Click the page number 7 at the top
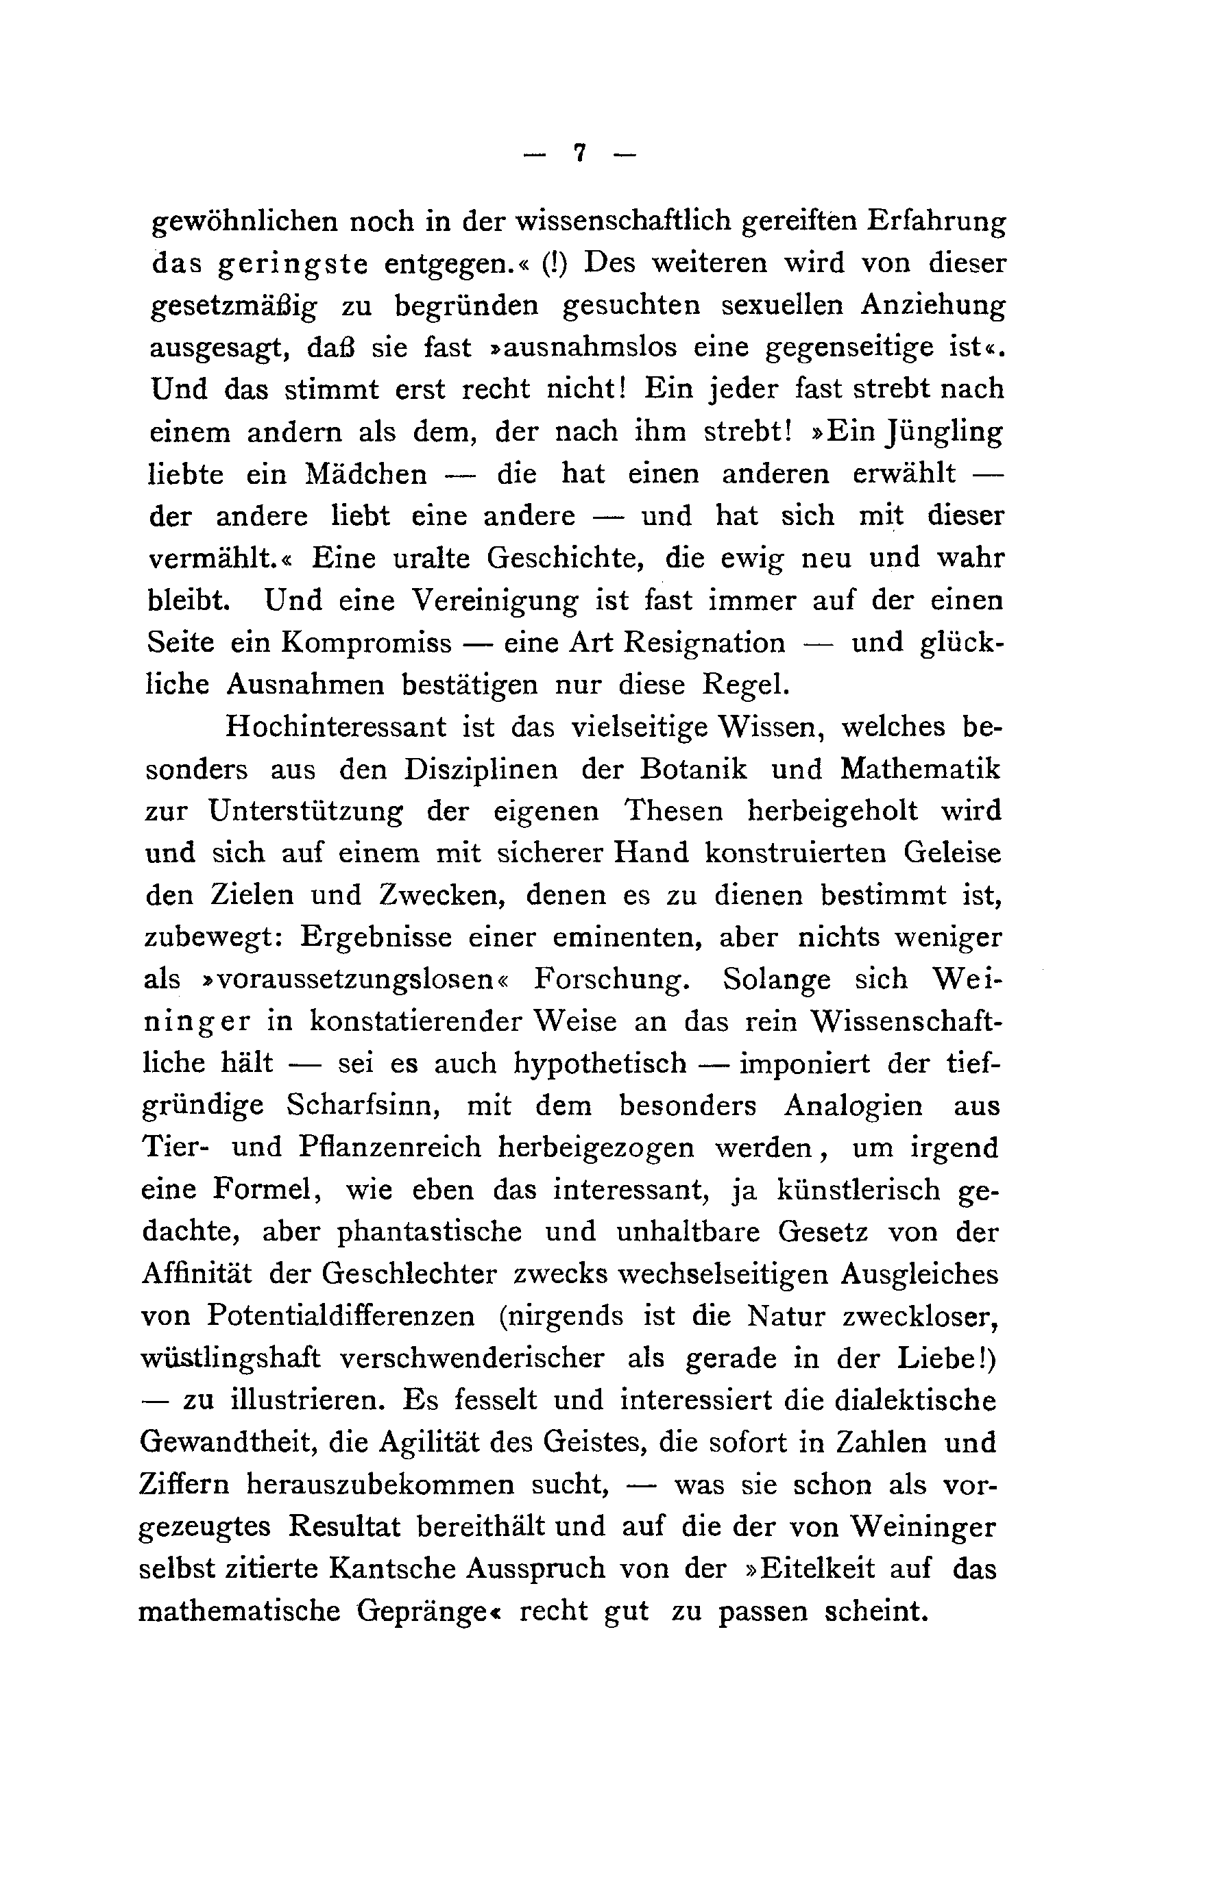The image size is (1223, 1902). coord(580,154)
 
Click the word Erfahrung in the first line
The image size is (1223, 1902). coord(936,221)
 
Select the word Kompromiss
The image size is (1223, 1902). coord(365,642)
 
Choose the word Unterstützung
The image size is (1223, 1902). coord(306,812)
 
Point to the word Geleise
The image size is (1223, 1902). coord(953,853)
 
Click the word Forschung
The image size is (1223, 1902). coord(607,979)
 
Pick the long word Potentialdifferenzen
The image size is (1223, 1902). coord(341,1316)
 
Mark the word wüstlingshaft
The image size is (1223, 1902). coord(230,1358)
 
